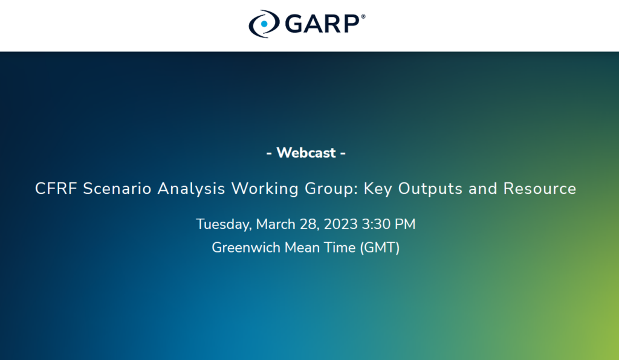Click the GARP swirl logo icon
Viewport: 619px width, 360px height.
tap(264, 24)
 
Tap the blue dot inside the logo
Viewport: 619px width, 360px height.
tap(264, 24)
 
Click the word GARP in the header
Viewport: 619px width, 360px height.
tap(322, 24)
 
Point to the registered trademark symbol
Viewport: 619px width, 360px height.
tap(363, 16)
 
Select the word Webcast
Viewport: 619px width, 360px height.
tap(306, 153)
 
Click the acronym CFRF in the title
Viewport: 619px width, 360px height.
tap(56, 188)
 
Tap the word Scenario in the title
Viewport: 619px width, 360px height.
tap(117, 188)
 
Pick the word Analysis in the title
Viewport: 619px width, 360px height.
tap(192, 189)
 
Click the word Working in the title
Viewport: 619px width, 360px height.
tap(265, 189)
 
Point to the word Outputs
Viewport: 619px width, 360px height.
tap(430, 189)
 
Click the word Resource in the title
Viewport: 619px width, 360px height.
tap(540, 188)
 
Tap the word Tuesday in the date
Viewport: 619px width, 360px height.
tap(224, 224)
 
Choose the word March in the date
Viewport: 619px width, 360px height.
tap(276, 224)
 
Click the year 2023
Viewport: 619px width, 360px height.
tap(341, 224)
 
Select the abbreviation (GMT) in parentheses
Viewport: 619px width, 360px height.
tap(380, 248)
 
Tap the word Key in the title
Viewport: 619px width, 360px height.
tap(378, 189)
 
